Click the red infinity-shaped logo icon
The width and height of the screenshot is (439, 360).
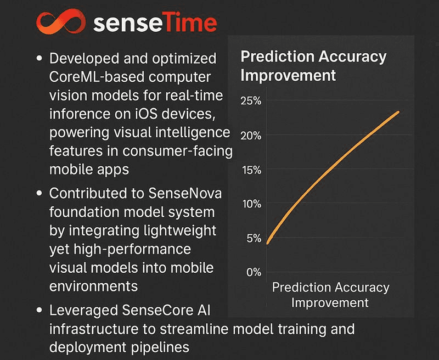click(x=58, y=23)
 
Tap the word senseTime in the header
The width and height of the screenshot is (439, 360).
click(x=155, y=23)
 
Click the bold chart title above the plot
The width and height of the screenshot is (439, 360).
click(x=313, y=65)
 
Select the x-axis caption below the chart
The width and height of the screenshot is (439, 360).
click(x=330, y=295)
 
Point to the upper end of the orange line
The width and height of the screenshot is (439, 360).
click(x=398, y=112)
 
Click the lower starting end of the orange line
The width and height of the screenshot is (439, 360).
click(x=267, y=243)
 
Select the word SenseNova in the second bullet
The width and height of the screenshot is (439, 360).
click(x=182, y=194)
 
